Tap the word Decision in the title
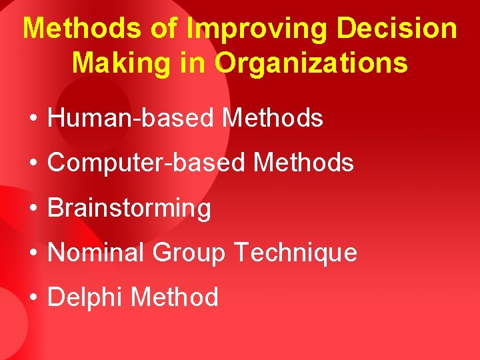point(397,29)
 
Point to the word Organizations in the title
point(311,63)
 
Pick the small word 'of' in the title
point(161,29)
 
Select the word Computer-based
point(146,163)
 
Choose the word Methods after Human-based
point(272,118)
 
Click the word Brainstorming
point(129,209)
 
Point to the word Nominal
point(97,253)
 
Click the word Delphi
point(85,297)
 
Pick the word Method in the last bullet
point(175,297)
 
